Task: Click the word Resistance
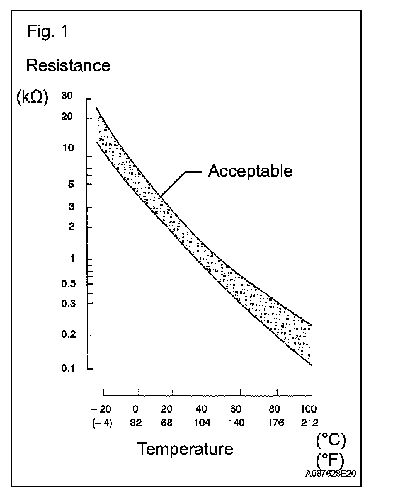tap(67, 65)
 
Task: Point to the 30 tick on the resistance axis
tap(68, 96)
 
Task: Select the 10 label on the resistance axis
tap(68, 149)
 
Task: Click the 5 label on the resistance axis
tap(71, 184)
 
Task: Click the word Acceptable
tap(250, 171)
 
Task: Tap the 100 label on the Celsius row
tap(309, 408)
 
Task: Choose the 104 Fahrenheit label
tap(203, 422)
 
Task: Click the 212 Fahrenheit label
tap(309, 422)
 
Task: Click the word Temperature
tap(185, 449)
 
